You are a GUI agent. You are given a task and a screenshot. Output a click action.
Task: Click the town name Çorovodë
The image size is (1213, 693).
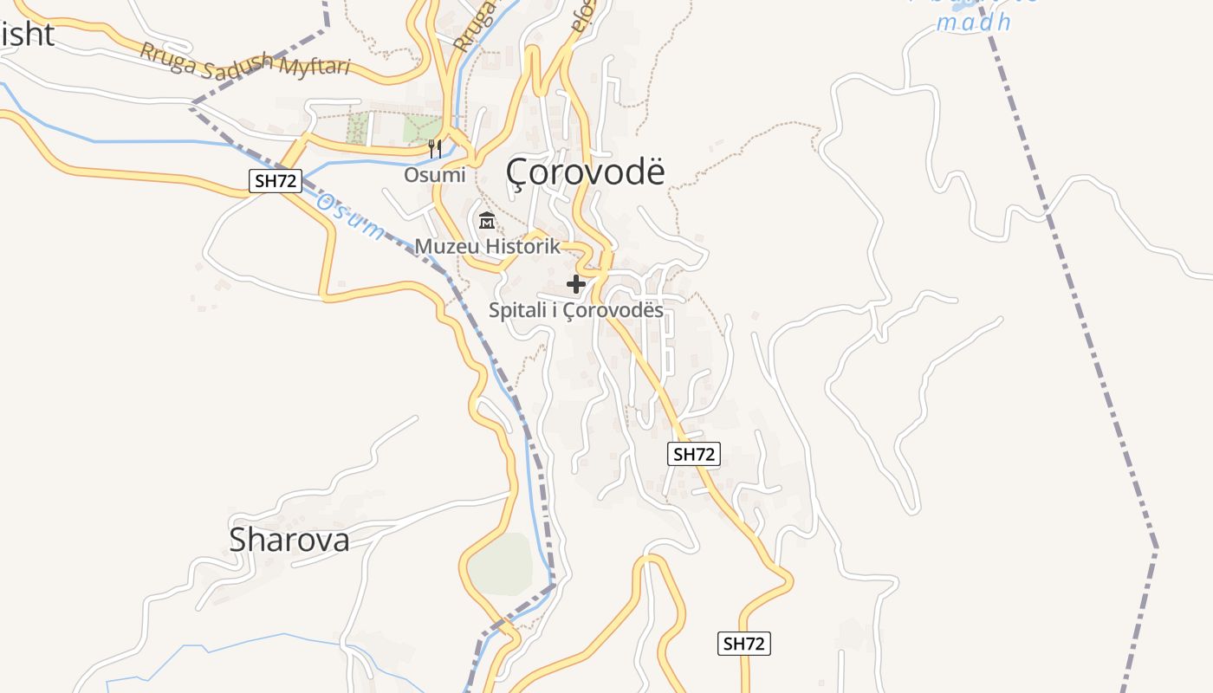coord(586,172)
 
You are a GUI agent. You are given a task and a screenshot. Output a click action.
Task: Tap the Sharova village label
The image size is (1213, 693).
coord(289,540)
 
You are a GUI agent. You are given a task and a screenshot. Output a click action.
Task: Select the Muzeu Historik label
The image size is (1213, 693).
coord(487,246)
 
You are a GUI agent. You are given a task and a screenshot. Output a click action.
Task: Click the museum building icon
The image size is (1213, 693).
coord(486,221)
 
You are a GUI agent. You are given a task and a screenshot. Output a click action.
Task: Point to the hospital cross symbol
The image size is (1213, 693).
coord(576,283)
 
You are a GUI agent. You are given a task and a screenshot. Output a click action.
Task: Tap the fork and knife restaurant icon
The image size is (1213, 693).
coord(435,149)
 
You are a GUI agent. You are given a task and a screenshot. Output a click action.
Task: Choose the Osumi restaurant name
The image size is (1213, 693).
coord(434,175)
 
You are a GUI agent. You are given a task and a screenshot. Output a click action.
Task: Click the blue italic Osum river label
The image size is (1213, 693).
coord(348,217)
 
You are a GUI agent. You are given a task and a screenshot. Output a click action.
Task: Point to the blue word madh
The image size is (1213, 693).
coord(974,23)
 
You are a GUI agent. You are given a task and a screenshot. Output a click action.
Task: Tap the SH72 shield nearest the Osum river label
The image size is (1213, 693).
coord(276,181)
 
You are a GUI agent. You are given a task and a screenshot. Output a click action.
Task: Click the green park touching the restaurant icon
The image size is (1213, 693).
coord(422,129)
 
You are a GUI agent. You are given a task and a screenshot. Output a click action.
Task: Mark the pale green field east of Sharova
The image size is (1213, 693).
coord(501,565)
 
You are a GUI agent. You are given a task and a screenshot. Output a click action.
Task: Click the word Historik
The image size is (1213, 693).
coord(522,246)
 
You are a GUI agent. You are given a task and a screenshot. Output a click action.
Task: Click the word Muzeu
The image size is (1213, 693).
coord(446,246)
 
